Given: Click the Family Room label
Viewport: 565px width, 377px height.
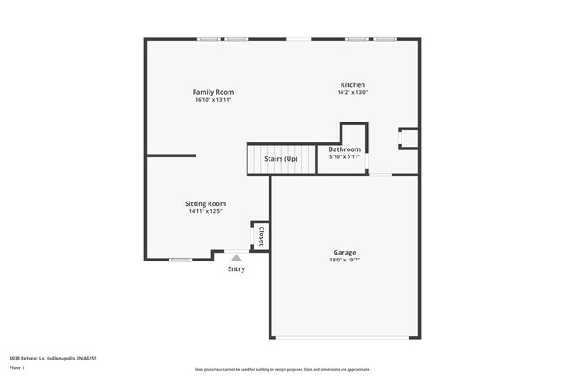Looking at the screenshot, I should click(x=213, y=92).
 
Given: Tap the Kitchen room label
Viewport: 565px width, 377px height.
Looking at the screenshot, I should click(x=351, y=85).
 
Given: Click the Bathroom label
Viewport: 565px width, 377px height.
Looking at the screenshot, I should click(x=344, y=149).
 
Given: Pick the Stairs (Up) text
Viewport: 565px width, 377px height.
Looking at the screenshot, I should click(x=281, y=158).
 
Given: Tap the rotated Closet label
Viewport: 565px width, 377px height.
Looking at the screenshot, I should click(x=261, y=235).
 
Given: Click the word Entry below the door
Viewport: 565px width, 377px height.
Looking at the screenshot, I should click(x=236, y=268).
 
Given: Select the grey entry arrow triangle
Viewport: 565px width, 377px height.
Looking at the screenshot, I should click(x=236, y=257).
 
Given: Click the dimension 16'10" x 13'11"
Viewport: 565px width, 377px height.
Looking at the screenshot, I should click(x=213, y=100).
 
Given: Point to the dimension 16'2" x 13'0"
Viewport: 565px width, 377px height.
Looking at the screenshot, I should click(x=351, y=93).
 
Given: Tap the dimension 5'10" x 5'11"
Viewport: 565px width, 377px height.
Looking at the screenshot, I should click(x=344, y=157).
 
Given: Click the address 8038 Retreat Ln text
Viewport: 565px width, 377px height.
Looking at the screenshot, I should click(x=52, y=358).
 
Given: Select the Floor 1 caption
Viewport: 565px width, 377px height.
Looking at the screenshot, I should click(x=18, y=367).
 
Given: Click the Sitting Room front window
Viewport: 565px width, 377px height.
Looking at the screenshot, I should click(x=180, y=260).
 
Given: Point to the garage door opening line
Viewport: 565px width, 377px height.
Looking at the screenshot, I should click(x=345, y=338).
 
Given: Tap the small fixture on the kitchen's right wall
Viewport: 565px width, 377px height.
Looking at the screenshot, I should click(x=409, y=139).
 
